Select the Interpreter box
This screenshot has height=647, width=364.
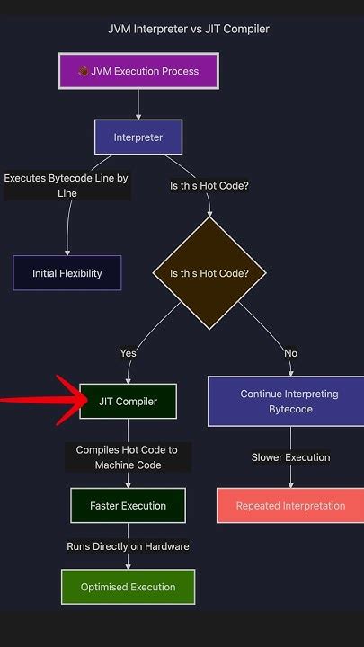tap(138, 137)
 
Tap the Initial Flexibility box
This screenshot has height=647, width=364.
tap(67, 273)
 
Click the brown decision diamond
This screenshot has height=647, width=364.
tap(209, 273)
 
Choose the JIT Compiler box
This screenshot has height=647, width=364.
tap(128, 402)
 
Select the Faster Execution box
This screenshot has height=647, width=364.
tap(128, 506)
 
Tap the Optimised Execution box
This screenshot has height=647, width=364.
tap(128, 587)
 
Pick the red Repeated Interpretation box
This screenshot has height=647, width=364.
tap(290, 506)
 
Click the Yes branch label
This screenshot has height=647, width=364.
tap(128, 353)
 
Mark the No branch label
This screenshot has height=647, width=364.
tap(290, 353)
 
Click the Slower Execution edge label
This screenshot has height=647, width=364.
tap(290, 457)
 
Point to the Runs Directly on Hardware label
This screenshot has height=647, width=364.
tap(128, 546)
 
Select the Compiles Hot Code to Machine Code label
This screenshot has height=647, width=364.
tap(128, 457)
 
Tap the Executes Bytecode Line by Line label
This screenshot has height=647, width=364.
tap(67, 185)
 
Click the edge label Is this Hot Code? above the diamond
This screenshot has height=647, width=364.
tap(209, 186)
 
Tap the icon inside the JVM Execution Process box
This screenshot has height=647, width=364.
tap(84, 71)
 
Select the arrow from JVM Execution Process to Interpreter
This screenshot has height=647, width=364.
tap(138, 103)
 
